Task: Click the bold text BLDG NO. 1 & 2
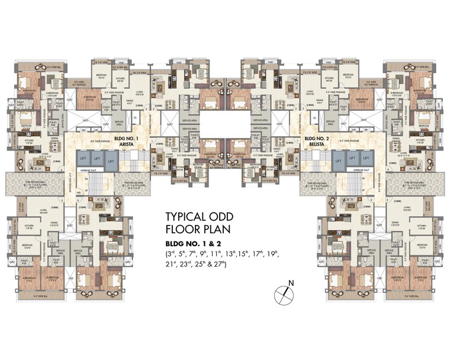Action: tap(192, 244)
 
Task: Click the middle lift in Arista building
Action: tap(96, 159)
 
